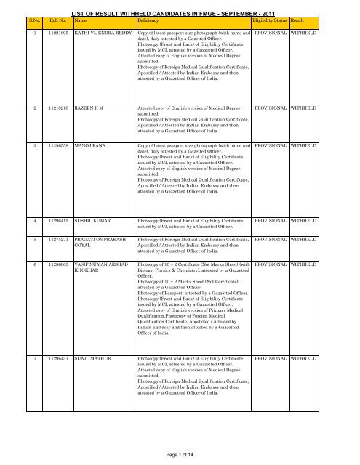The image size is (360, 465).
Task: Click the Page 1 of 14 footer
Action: (180, 453)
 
